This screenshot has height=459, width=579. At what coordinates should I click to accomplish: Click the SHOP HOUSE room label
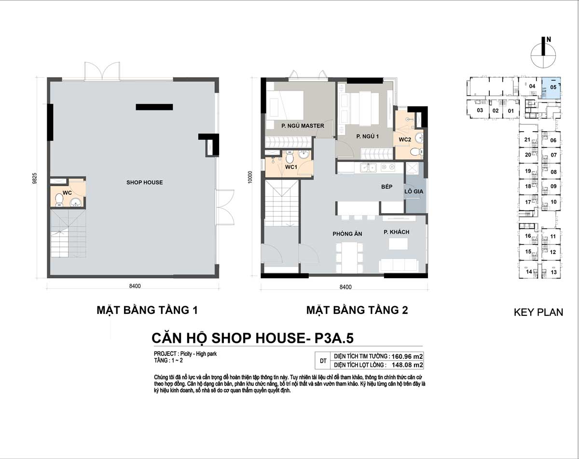[x=144, y=182]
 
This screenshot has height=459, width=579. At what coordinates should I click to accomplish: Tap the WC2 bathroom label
[x=405, y=139]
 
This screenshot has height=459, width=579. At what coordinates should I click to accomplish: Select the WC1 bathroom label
[x=291, y=167]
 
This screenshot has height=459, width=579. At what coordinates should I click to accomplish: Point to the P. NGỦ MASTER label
[x=303, y=125]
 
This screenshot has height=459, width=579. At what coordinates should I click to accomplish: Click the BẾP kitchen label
[x=386, y=187]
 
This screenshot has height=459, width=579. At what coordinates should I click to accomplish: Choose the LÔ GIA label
[x=414, y=191]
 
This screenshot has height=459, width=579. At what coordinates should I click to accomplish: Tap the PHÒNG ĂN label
[x=347, y=234]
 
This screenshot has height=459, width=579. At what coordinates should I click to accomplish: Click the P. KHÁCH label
[x=396, y=232]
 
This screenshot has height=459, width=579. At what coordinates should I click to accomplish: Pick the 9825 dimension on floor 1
[x=34, y=178]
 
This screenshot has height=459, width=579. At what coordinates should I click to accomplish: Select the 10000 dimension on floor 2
[x=250, y=177]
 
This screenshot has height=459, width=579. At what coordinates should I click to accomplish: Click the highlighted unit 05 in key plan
[x=551, y=88]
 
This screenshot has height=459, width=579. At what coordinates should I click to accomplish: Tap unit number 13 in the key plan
[x=553, y=272]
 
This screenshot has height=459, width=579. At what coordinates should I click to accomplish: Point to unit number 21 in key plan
[x=527, y=139]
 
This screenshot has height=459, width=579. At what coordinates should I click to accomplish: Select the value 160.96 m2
[x=407, y=356]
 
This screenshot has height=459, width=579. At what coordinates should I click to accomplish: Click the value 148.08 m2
[x=407, y=365]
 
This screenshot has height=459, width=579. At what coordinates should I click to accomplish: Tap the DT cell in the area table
[x=323, y=361]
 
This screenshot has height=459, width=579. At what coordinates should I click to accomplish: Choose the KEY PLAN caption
[x=538, y=312]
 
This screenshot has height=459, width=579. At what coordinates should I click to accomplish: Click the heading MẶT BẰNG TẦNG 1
[x=147, y=310]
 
